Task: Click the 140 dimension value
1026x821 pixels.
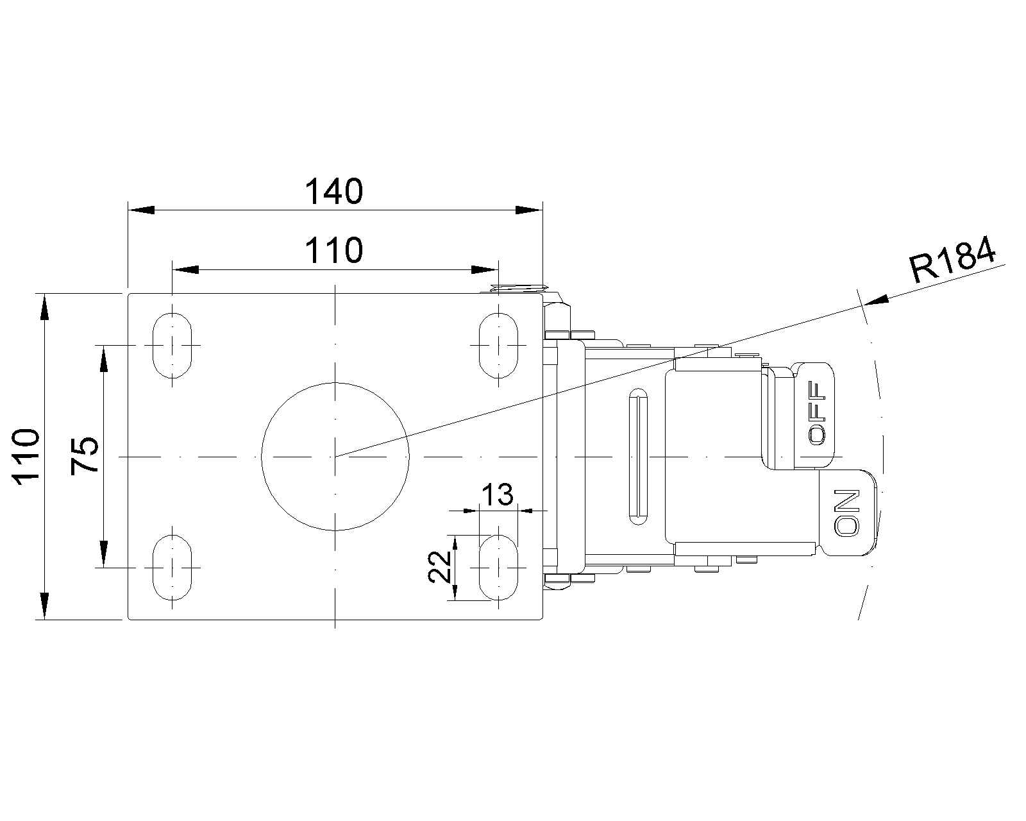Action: (x=333, y=192)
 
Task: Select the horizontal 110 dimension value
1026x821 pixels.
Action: (x=333, y=250)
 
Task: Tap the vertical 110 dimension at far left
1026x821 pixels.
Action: (x=26, y=457)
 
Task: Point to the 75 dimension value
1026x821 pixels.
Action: (x=85, y=455)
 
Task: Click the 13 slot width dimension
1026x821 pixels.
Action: (x=497, y=495)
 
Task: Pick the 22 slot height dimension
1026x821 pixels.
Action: (x=439, y=567)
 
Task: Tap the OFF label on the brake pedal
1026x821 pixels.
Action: (x=817, y=413)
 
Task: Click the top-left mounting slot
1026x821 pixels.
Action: (x=172, y=345)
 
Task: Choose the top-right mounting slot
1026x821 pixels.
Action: (x=499, y=345)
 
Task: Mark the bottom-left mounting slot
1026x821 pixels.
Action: (x=172, y=568)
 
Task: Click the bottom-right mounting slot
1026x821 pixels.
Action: (x=499, y=568)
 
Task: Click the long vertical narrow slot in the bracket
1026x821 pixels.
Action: (x=639, y=457)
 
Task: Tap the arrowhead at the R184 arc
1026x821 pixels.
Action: (x=877, y=300)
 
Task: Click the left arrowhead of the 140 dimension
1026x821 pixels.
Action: (x=142, y=210)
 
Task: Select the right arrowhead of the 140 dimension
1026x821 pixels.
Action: (x=529, y=210)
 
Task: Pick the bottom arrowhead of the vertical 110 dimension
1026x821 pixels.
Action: (x=44, y=606)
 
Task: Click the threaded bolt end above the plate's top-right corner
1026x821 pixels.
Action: (x=519, y=288)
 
